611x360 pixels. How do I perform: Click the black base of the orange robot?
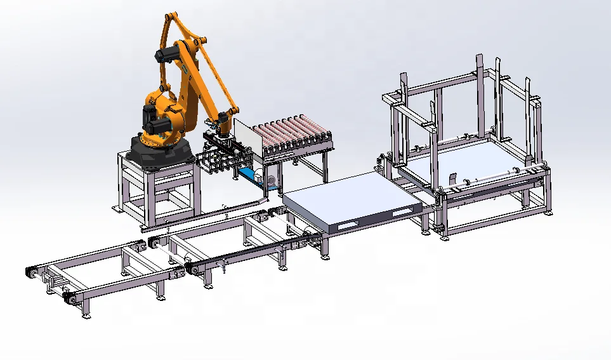[x=159, y=152]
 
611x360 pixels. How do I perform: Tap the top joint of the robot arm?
[x=170, y=19]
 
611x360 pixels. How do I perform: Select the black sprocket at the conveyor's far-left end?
[x=29, y=272]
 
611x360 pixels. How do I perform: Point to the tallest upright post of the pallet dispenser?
[x=480, y=95]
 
